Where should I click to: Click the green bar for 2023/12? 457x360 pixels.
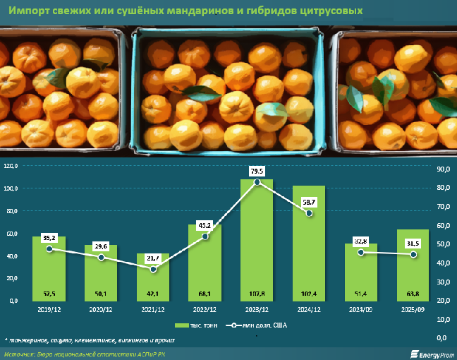pyautogui.click(x=257, y=240)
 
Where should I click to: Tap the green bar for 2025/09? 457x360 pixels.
pyautogui.click(x=413, y=265)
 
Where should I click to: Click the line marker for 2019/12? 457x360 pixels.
pyautogui.click(x=49, y=248)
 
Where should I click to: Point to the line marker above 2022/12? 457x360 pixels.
pyautogui.click(x=205, y=236)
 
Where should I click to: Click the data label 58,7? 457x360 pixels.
pyautogui.click(x=308, y=202)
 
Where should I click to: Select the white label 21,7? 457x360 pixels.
pyautogui.click(x=153, y=258)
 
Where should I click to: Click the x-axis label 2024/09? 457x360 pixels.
pyautogui.click(x=360, y=308)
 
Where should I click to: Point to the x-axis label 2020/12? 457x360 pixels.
pyautogui.click(x=101, y=308)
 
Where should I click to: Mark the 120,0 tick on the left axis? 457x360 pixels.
pyautogui.click(x=11, y=167)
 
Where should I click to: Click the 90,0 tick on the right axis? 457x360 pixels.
pyautogui.click(x=443, y=169)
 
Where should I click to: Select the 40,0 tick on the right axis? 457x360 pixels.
pyautogui.click(x=443, y=263)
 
